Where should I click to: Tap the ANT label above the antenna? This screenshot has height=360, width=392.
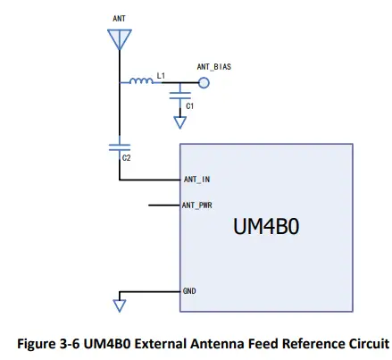[120, 18]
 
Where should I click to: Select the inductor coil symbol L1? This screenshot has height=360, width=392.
[141, 83]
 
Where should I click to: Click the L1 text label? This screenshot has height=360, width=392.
[161, 75]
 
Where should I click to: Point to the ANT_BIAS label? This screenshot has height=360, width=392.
[215, 67]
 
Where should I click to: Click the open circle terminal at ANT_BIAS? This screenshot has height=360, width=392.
[204, 84]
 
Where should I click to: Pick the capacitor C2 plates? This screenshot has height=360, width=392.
[119, 146]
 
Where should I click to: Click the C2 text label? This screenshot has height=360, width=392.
[126, 158]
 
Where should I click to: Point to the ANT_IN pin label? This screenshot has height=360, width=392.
[196, 179]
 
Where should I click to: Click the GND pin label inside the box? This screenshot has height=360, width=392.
[189, 291]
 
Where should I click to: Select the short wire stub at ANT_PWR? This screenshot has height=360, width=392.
[163, 205]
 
